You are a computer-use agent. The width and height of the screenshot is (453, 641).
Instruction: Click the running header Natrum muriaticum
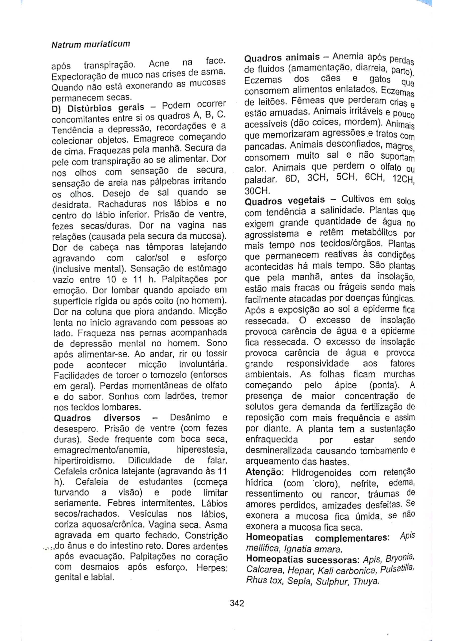[91, 45]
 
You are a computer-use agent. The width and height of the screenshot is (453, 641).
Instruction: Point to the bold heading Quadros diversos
[97, 418]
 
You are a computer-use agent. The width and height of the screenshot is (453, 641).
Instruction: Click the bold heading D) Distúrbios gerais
[98, 107]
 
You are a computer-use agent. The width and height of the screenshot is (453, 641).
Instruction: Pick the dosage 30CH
[257, 191]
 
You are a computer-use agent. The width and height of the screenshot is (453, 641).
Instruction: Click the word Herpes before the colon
[211, 568]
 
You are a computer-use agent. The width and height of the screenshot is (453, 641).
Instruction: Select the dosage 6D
[292, 180]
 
